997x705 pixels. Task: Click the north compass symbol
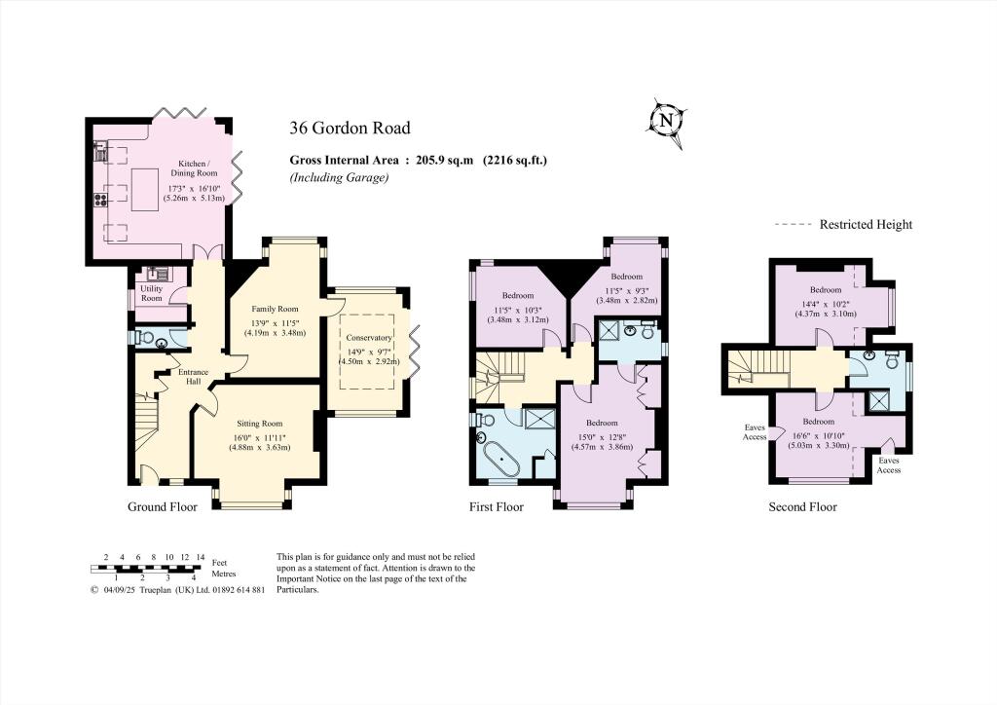pyautogui.click(x=666, y=120)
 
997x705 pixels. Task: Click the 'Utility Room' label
pyautogui.click(x=151, y=292)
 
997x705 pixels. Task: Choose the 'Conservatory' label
pyautogui.click(x=367, y=337)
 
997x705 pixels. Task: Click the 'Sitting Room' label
pyautogui.click(x=259, y=424)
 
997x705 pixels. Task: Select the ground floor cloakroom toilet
pyautogui.click(x=143, y=338)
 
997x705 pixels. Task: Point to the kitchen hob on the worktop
pyautogui.click(x=99, y=202)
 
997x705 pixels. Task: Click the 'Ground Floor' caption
pyautogui.click(x=163, y=507)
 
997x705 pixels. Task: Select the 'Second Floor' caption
pyautogui.click(x=802, y=507)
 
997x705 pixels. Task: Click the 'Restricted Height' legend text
pyautogui.click(x=866, y=225)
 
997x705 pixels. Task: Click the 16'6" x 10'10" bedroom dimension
pyautogui.click(x=820, y=439)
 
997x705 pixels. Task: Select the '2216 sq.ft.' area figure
pyautogui.click(x=515, y=161)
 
